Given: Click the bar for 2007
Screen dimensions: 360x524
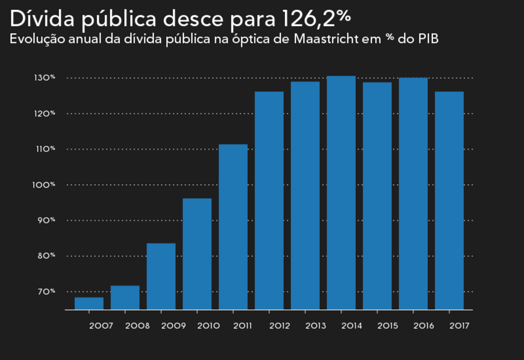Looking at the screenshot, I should [89, 304].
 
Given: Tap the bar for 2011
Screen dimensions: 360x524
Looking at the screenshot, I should [233, 227].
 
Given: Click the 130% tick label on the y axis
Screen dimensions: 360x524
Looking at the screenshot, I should [45, 78].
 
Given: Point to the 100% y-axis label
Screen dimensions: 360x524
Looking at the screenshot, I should [45, 185].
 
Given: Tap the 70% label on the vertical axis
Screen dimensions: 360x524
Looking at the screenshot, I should [45, 292].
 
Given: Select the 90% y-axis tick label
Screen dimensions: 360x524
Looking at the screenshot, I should [45, 220].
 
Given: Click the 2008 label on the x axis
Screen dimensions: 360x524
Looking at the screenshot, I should [137, 326].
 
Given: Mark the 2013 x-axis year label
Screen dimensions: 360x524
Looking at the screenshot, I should [316, 326].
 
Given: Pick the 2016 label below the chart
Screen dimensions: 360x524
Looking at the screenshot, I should [424, 326].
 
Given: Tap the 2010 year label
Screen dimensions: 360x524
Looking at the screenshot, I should [209, 326].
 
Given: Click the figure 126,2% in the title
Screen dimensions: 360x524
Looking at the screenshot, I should [316, 18].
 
